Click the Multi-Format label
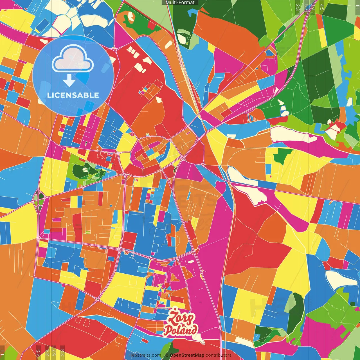(180, 3)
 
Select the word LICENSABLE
(73, 95)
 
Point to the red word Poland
(180, 330)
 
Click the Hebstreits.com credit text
(145, 355)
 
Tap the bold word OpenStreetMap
(187, 355)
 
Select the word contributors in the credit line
(219, 355)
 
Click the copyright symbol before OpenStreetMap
(167, 355)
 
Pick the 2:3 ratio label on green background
(298, 7)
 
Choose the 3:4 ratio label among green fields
(313, 7)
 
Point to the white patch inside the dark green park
(85, 169)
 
